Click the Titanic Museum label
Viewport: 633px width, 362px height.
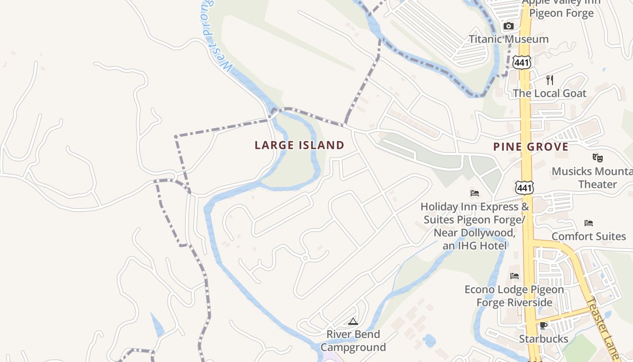click(509, 39)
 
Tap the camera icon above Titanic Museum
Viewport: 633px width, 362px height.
click(509, 26)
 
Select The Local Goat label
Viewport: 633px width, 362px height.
click(549, 93)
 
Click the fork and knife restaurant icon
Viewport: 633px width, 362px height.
click(550, 80)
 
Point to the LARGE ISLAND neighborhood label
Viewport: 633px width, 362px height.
click(299, 145)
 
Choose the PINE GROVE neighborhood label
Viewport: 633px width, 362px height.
click(531, 147)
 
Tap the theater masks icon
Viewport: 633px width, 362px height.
click(598, 158)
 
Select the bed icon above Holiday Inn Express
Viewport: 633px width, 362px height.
click(475, 193)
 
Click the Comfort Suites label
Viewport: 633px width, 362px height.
click(589, 236)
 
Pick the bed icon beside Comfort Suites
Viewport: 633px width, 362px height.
click(589, 223)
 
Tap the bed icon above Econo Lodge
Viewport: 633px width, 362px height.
click(515, 276)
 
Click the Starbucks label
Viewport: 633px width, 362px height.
click(543, 338)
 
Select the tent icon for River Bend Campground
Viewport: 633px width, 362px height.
click(353, 321)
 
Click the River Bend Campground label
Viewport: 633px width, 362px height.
click(353, 341)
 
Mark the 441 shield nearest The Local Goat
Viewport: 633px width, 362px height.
click(522, 62)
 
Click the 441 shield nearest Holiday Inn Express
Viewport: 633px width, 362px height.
click(524, 187)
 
